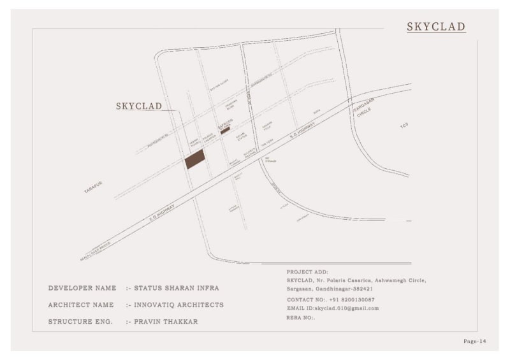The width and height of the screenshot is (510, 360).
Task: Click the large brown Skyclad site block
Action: (195, 159)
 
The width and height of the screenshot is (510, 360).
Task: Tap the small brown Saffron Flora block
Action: (225, 130)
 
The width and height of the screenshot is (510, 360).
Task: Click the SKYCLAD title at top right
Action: (436, 27)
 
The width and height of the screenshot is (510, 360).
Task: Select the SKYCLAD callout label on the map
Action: (139, 106)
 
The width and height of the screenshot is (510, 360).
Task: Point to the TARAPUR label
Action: (93, 187)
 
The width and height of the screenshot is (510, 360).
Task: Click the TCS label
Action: (404, 126)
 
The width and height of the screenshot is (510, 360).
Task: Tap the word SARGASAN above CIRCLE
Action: (364, 106)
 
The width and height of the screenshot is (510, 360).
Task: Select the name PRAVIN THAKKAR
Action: (166, 322)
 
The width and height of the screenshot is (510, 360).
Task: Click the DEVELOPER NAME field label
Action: (82, 289)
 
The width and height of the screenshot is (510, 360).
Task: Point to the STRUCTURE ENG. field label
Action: (80, 322)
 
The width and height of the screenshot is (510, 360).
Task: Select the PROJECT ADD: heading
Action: (307, 272)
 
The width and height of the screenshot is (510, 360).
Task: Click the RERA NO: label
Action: (301, 317)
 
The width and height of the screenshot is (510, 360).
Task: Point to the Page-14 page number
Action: (475, 342)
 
